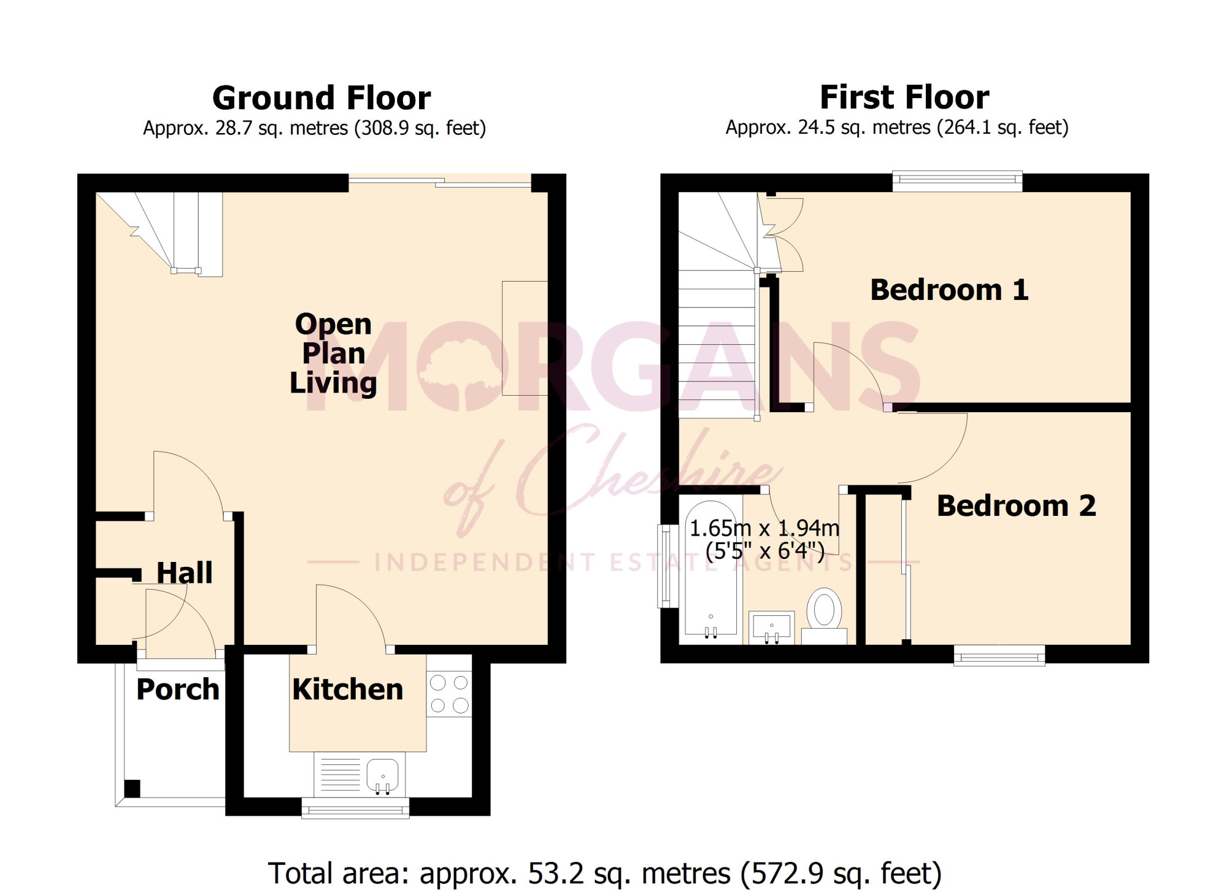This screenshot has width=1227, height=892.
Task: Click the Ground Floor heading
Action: coord(321,98)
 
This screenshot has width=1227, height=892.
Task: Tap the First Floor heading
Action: coord(904,98)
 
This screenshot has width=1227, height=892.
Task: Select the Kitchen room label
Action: coord(347,690)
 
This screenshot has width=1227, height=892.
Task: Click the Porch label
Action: coord(178,690)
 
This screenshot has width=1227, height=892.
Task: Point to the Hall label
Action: coord(185,573)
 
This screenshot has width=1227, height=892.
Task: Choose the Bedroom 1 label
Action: coord(949,290)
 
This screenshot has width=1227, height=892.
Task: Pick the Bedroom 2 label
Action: coord(1016,506)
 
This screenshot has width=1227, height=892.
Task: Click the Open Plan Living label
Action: coord(333,353)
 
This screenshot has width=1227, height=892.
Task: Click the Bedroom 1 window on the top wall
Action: coord(957,179)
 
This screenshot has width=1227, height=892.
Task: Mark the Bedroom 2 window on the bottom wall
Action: coord(999,656)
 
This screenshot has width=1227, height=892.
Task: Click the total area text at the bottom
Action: coord(604,873)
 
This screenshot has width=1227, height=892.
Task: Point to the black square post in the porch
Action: coord(132,788)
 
